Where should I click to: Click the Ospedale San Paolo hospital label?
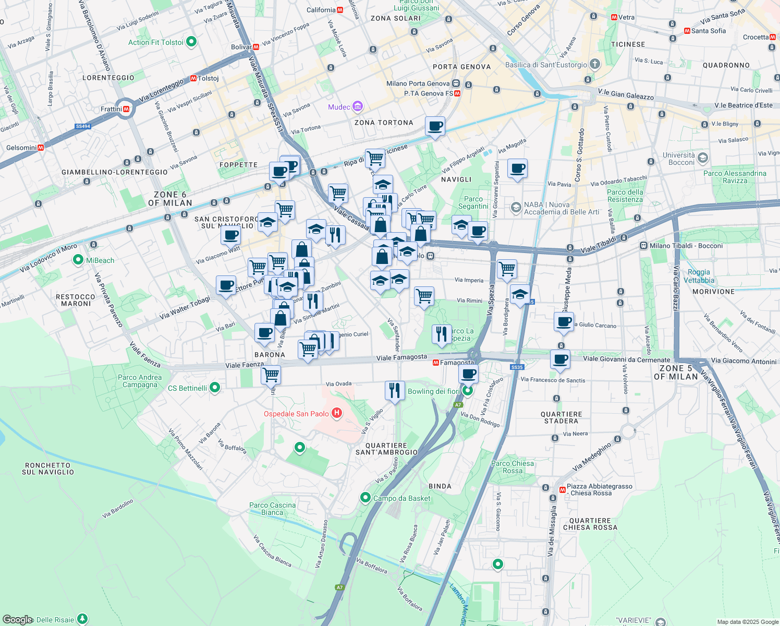pos(296,414)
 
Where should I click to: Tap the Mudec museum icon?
pos(358,107)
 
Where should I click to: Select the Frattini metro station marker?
pos(126,109)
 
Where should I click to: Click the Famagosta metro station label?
pos(457,363)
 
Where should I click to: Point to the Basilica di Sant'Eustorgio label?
pos(546,65)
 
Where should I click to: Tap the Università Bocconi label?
pos(678,159)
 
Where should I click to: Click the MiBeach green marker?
pos(78,260)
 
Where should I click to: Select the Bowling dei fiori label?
pos(433,391)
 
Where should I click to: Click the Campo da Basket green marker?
pos(365,498)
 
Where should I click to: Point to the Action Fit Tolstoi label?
pos(156,42)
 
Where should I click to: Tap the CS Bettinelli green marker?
pos(214,388)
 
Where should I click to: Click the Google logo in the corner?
pos(17,619)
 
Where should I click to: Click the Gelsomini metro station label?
pos(21,148)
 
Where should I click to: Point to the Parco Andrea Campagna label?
pos(140,381)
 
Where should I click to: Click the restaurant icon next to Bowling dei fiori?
pos(395,390)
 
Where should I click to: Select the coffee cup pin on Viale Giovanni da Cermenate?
pos(560,359)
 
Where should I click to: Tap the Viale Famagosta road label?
pos(401,357)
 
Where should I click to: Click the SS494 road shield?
pos(83,126)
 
